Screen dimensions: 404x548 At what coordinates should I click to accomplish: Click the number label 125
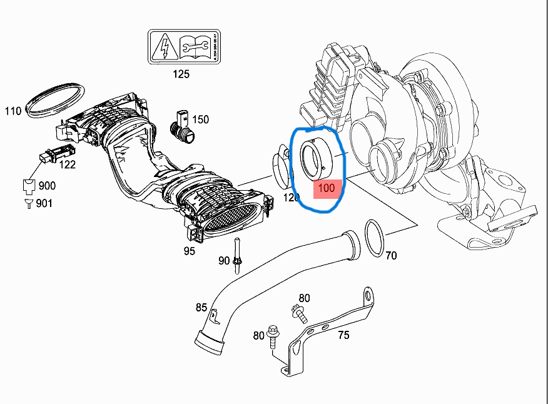[180, 74]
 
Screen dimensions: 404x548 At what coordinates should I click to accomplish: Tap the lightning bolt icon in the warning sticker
[163, 46]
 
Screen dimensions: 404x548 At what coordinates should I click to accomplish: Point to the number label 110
[13, 111]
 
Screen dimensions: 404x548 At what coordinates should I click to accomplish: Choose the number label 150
[200, 119]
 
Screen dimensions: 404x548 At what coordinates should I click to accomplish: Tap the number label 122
[67, 164]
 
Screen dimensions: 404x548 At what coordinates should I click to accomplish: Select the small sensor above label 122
[55, 153]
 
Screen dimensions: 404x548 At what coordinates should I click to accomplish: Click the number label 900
[46, 186]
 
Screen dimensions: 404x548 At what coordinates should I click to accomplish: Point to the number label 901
[44, 203]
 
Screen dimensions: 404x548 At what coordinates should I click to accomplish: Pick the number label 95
[189, 251]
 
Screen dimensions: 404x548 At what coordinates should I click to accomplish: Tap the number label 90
[224, 261]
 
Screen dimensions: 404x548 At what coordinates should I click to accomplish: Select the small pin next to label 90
[238, 256]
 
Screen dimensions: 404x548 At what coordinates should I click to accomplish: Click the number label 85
[201, 307]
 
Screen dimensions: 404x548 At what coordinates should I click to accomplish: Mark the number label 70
[391, 255]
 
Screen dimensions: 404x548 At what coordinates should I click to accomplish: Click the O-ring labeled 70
[374, 238]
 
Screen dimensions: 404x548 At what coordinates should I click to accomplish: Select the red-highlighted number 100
[327, 188]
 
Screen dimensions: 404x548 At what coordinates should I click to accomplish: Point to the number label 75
[343, 335]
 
